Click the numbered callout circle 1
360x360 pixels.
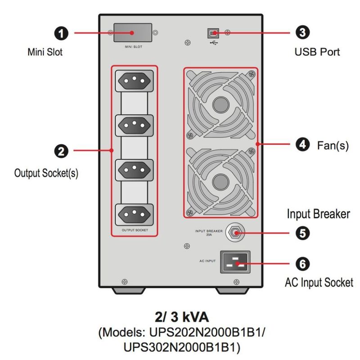coord(61,33)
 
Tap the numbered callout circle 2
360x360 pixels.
coord(61,150)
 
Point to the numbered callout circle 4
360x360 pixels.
coord(302,144)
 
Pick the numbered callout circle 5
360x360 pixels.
coord(302,233)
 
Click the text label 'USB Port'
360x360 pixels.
coord(317,52)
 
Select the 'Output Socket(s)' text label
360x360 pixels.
coord(46,173)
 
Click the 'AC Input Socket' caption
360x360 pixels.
coord(319,283)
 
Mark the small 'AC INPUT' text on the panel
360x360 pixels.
coord(207,261)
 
